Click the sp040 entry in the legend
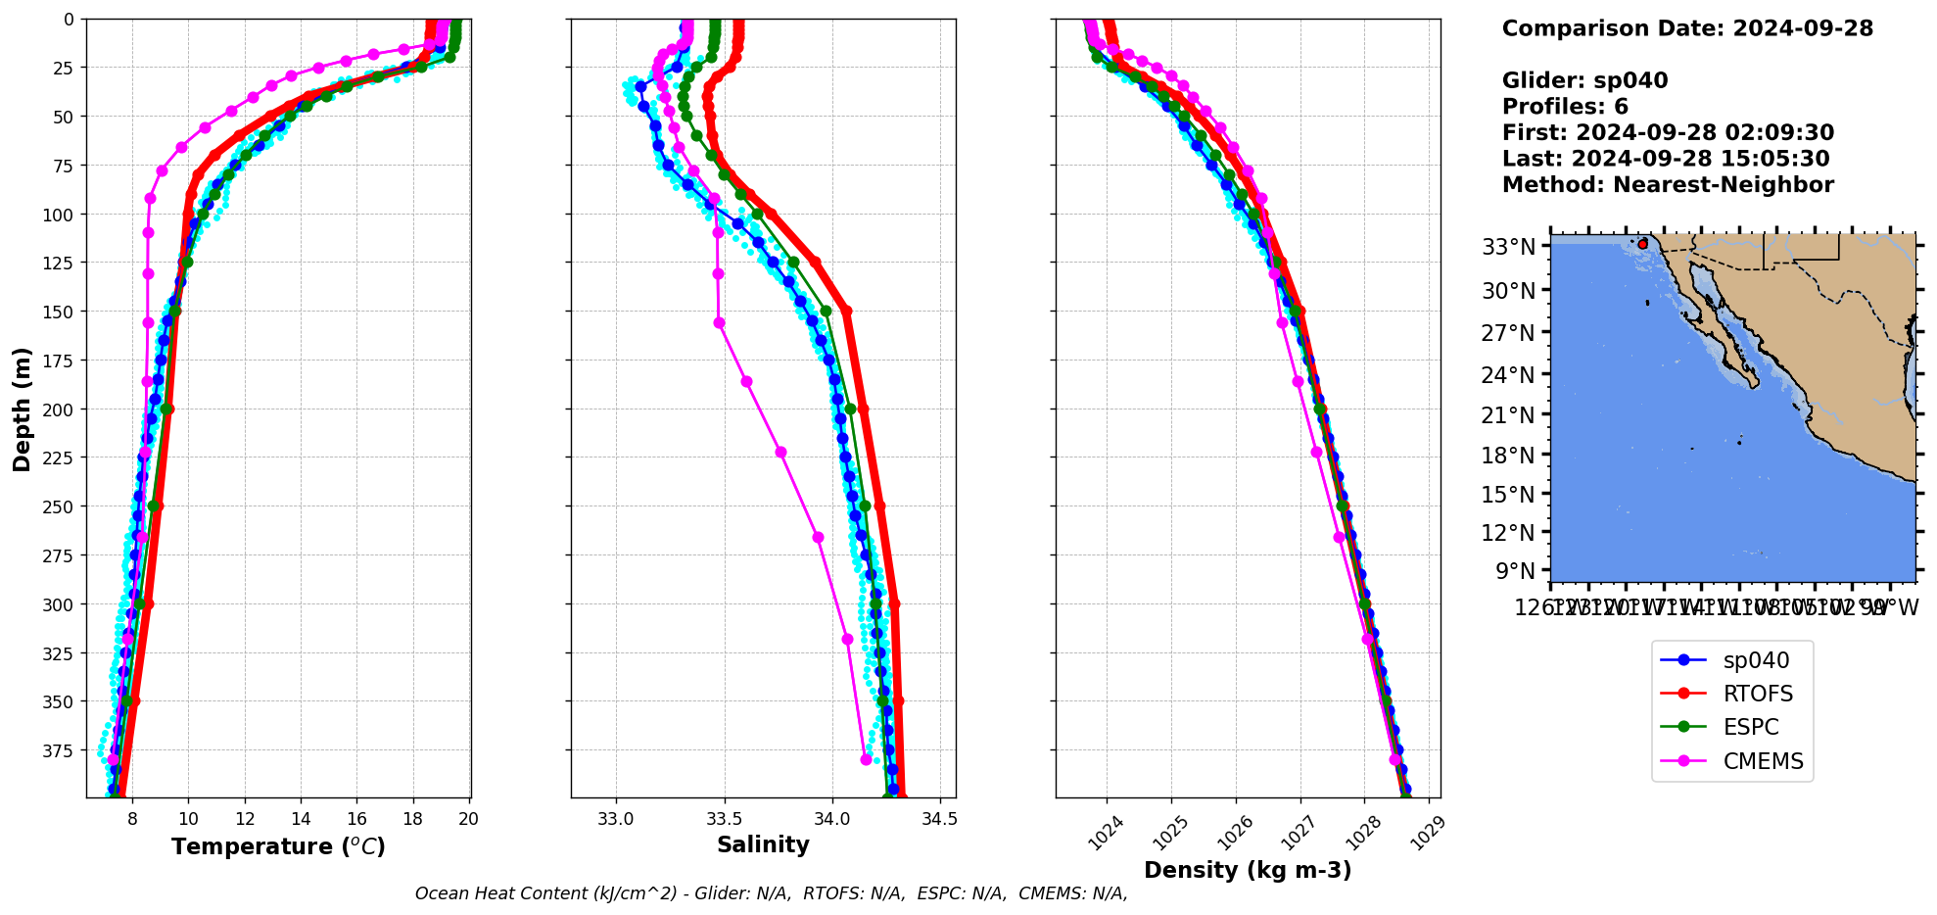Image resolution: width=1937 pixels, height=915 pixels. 1755,660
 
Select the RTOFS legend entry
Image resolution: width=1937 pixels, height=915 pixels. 1757,694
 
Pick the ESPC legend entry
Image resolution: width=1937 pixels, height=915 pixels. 1750,727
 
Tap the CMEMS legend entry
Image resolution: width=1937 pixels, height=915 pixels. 1762,761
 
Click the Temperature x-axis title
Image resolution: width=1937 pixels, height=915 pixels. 278,846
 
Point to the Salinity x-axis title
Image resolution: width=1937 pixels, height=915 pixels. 763,845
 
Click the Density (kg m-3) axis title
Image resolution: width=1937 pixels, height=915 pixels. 1248,870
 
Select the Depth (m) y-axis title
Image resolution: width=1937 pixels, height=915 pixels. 22,409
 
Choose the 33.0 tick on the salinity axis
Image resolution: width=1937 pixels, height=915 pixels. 616,819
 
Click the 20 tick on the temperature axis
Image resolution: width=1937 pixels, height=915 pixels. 469,819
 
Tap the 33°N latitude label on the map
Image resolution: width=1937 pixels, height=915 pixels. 1508,247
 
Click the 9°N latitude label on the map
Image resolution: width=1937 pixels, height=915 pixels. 1514,570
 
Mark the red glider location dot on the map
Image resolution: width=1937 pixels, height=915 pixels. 1642,243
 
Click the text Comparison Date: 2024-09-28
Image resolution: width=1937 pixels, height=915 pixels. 1687,28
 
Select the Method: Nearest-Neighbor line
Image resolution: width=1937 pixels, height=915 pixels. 1668,185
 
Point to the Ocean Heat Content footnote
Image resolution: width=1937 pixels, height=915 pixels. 771,893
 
